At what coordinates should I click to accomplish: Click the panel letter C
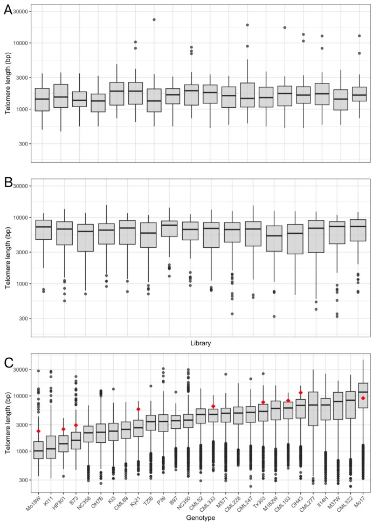point(8,362)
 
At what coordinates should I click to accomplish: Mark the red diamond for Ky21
point(138,409)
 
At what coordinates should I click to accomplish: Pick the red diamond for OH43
point(301,393)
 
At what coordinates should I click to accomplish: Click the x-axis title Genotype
point(200,516)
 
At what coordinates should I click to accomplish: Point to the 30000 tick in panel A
point(20,11)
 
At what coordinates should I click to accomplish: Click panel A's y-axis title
point(8,83)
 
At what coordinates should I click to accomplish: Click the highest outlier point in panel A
point(154,19)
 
